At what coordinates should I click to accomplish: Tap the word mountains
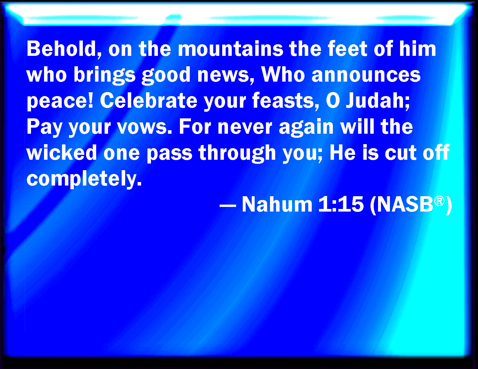tap(230, 49)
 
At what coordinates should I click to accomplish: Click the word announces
tap(366, 75)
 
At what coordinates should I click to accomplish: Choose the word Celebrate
tap(149, 101)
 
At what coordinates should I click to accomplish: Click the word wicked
tap(62, 153)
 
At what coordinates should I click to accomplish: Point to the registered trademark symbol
tap(439, 201)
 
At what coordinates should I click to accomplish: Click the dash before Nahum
tap(228, 207)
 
